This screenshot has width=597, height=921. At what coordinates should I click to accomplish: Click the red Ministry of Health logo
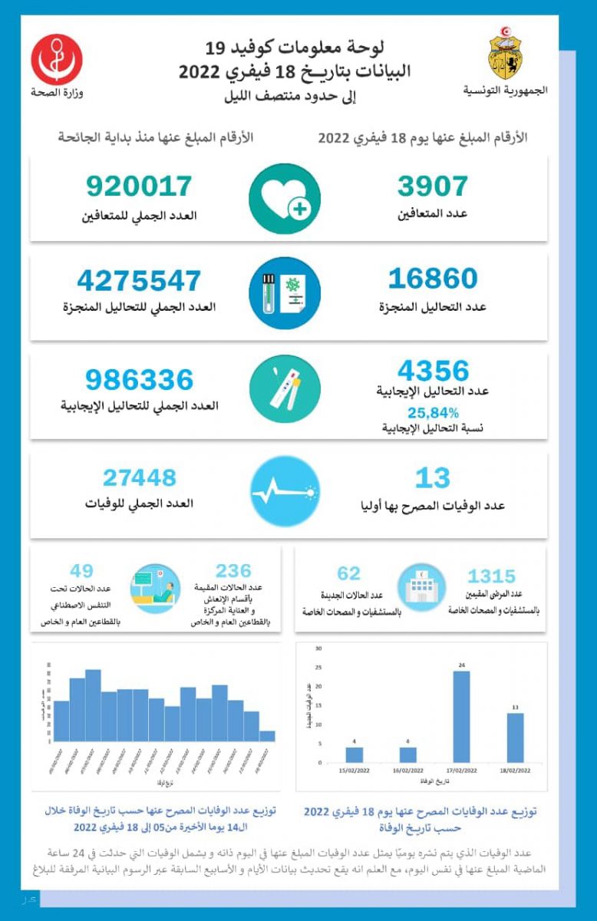tap(58, 59)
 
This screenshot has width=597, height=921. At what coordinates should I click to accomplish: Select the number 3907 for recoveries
tap(432, 187)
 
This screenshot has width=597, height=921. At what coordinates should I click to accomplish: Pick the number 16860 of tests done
tap(432, 279)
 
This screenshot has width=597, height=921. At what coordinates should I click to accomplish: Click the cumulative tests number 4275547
tap(139, 280)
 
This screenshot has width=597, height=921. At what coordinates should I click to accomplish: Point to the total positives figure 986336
tap(140, 379)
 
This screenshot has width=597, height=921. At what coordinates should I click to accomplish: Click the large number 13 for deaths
tap(432, 478)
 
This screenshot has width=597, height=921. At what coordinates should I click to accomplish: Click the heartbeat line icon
tap(285, 491)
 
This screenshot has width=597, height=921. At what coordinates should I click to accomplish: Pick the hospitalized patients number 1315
tap(492, 576)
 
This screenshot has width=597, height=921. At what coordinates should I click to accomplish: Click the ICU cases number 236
tap(233, 570)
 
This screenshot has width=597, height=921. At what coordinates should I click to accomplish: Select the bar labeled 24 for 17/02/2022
tap(462, 717)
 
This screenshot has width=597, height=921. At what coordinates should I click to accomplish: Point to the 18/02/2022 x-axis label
tap(516, 770)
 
